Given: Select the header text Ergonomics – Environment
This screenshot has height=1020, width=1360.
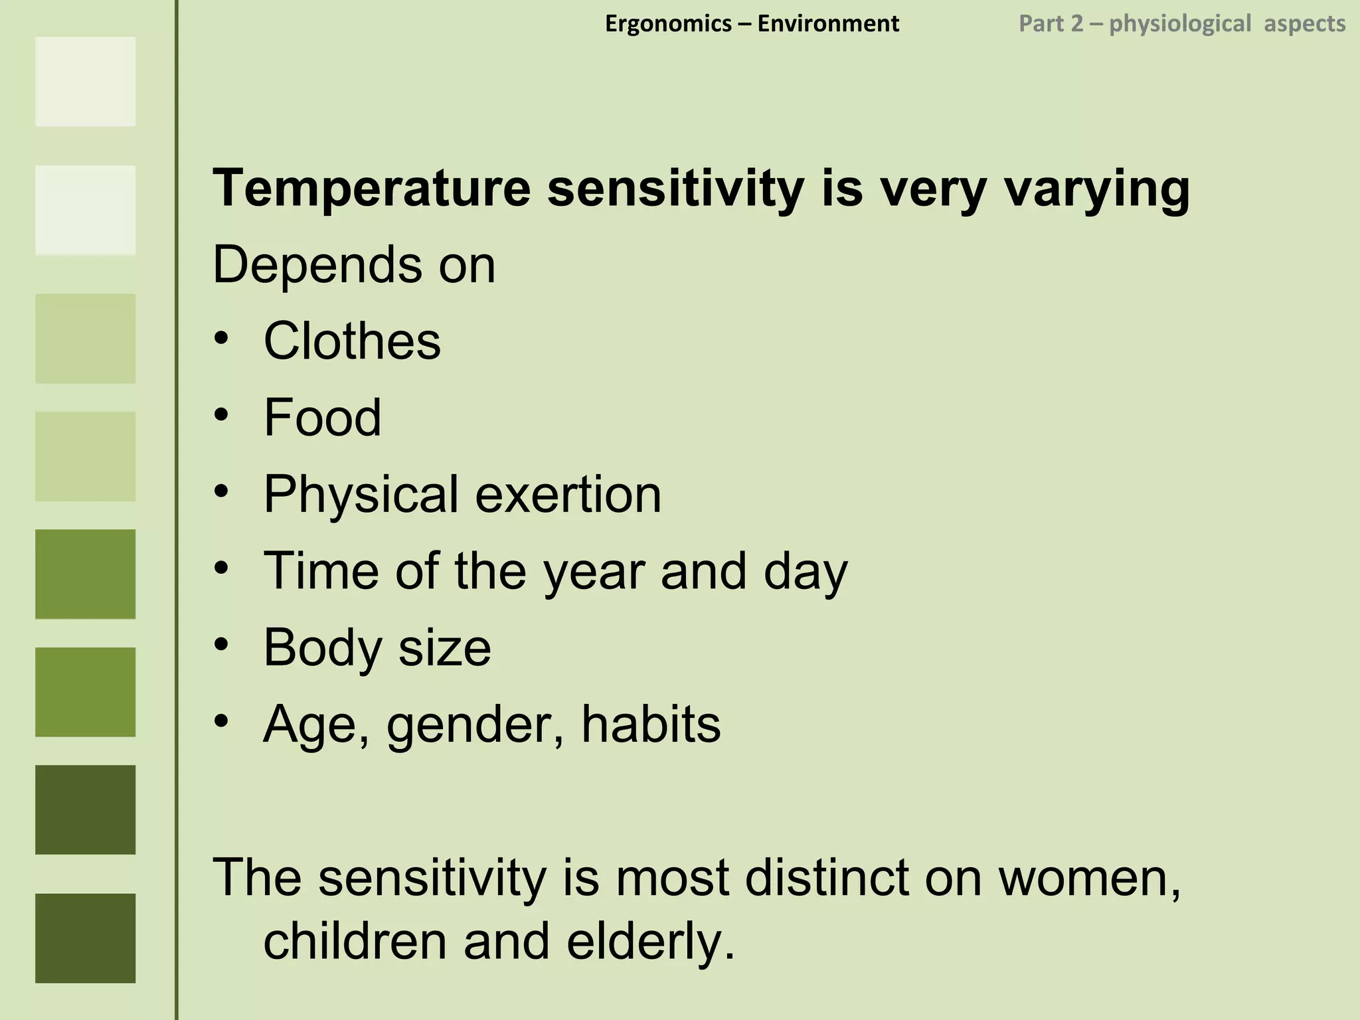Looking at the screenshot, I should coord(752,24).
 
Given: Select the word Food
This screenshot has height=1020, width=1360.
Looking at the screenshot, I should coord(322,417).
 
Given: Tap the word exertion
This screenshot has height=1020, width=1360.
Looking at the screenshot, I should coord(568,494).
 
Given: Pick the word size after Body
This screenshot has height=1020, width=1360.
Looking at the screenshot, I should coord(444,647).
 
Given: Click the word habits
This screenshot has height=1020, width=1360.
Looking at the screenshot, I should coord(651,724).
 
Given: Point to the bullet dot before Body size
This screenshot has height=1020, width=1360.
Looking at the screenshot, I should coord(222,644).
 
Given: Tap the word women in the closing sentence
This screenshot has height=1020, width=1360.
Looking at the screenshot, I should coord(1090,878).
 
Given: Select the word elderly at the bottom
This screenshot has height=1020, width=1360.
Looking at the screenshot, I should coord(651,942).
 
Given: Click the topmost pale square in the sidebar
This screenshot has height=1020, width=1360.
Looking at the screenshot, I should coord(85,81).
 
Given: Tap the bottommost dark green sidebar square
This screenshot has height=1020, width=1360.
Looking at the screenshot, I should coord(85,938).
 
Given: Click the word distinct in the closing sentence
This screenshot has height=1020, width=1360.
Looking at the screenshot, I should coord(827,878).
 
